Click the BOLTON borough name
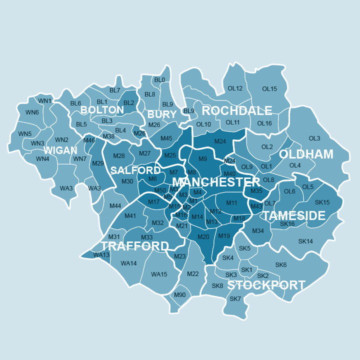(102, 110)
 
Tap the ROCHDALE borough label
(237, 110)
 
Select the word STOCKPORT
(266, 285)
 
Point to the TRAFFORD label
(134, 246)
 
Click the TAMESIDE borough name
(294, 216)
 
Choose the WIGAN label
(60, 150)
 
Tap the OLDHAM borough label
(306, 154)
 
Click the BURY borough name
(162, 114)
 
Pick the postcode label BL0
(159, 79)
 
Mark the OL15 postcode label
(269, 89)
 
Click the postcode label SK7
(235, 299)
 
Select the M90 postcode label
(179, 295)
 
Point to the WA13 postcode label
(101, 255)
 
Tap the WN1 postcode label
(45, 101)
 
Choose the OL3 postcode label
(314, 138)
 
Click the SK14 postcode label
(305, 241)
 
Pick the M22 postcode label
(193, 273)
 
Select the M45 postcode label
(166, 138)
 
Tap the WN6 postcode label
(32, 112)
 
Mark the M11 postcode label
(231, 203)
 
